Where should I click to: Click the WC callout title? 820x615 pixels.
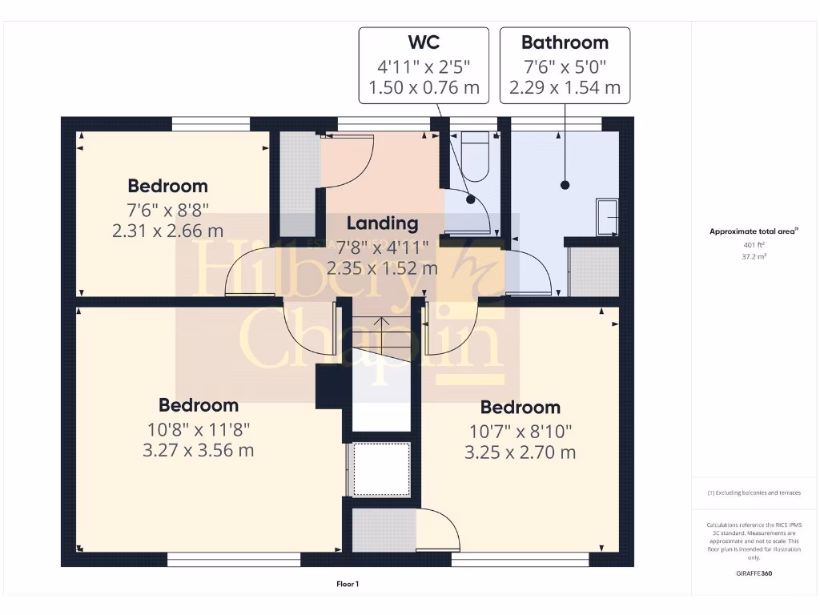pyautogui.click(x=423, y=42)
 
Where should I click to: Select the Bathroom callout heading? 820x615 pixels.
pyautogui.click(x=565, y=42)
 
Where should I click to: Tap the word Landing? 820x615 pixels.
pyautogui.click(x=382, y=223)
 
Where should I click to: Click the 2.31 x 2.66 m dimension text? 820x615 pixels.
pyautogui.click(x=168, y=231)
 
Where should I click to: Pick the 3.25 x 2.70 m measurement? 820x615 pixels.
pyautogui.click(x=520, y=452)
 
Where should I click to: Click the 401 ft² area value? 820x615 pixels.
pyautogui.click(x=754, y=245)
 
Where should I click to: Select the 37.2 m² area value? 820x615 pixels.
pyautogui.click(x=754, y=258)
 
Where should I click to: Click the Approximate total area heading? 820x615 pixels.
pyautogui.click(x=754, y=231)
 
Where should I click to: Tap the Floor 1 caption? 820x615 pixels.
pyautogui.click(x=348, y=585)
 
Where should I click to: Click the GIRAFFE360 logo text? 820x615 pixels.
pyautogui.click(x=754, y=573)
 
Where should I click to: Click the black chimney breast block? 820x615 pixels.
pyautogui.click(x=329, y=387)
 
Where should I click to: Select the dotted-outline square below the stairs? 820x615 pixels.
pyautogui.click(x=381, y=468)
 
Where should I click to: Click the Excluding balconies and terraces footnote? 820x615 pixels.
pyautogui.click(x=754, y=493)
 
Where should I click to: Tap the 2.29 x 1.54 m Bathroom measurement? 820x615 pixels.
pyautogui.click(x=565, y=87)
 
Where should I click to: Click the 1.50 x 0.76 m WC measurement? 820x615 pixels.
pyautogui.click(x=423, y=87)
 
